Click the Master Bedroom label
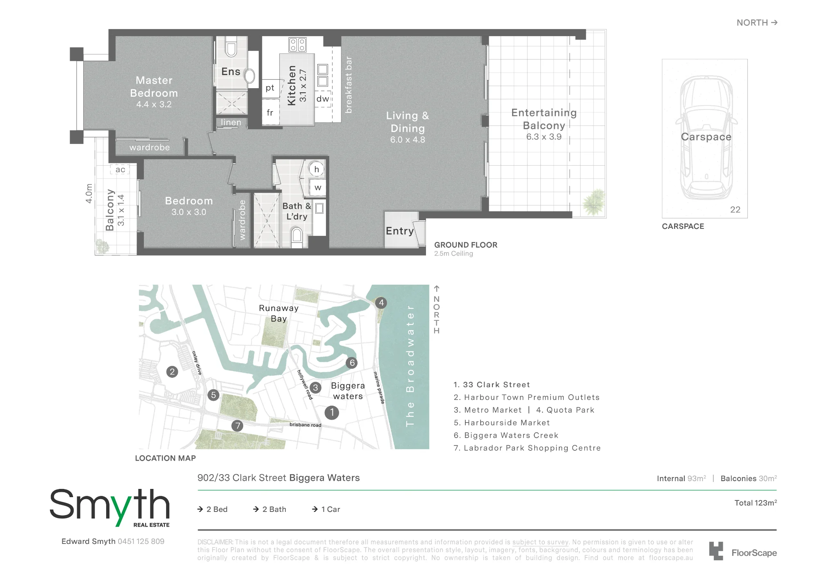click(x=154, y=87)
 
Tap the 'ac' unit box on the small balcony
click(x=120, y=169)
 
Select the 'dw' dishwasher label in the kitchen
click(x=323, y=99)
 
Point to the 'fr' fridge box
click(x=270, y=113)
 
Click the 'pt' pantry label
click(x=270, y=88)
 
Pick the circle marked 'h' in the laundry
click(x=317, y=169)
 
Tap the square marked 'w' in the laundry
click(x=318, y=188)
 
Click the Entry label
click(x=400, y=231)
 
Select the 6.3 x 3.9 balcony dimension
click(x=544, y=137)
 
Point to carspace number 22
click(x=735, y=210)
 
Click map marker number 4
click(x=381, y=303)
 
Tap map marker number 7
click(x=237, y=426)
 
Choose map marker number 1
click(x=332, y=412)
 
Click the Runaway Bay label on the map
click(x=279, y=313)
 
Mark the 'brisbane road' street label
click(x=305, y=425)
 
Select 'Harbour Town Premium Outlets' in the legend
click(x=532, y=397)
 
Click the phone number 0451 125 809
click(x=141, y=541)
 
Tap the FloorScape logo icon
click(x=716, y=551)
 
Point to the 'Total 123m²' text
click(x=756, y=503)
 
